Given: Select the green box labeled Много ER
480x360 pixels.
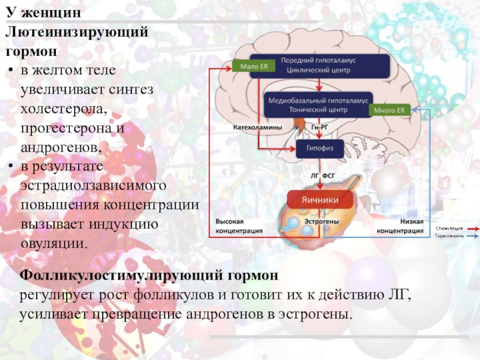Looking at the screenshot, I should (389, 110).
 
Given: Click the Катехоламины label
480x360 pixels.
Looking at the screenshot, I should (257, 128).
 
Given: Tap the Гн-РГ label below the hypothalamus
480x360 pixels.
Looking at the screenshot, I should (319, 128).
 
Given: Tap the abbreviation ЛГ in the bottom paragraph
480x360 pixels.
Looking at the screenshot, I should (395, 296).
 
